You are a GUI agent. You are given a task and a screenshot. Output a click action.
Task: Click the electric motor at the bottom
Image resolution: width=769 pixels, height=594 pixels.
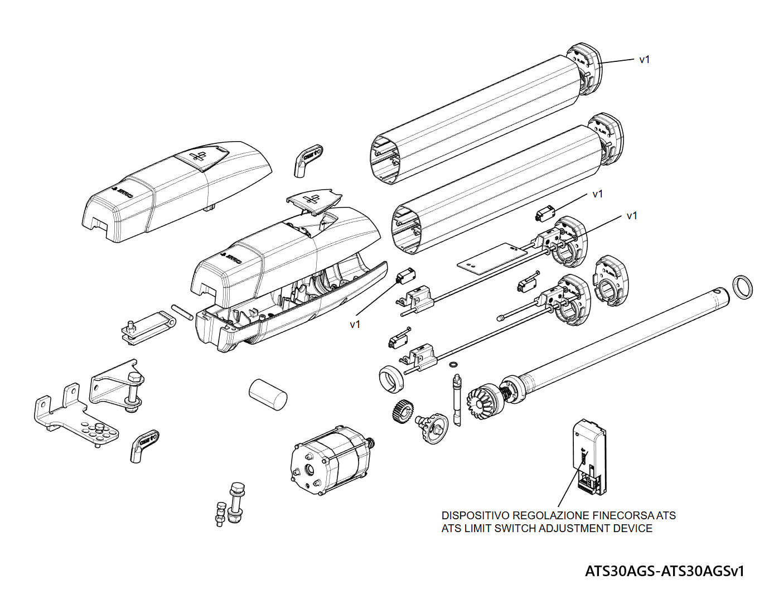[x=330, y=461]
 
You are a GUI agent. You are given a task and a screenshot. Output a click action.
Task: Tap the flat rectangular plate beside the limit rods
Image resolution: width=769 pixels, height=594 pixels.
[x=491, y=259]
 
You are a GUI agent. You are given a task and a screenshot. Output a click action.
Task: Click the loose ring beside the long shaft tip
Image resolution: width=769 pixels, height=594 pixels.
[x=741, y=287]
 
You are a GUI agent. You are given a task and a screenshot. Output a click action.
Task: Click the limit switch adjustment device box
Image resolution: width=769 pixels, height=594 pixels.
[x=589, y=457]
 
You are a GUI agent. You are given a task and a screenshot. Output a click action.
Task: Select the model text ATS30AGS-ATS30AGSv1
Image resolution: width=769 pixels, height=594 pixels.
[x=664, y=571]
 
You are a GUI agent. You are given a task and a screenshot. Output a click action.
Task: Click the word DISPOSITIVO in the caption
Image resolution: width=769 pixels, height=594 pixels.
[x=475, y=515]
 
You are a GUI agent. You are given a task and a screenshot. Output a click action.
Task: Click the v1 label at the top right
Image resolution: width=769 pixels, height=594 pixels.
[x=645, y=60]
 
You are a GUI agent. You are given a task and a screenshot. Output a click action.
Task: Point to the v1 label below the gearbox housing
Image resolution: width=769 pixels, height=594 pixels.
[x=355, y=325]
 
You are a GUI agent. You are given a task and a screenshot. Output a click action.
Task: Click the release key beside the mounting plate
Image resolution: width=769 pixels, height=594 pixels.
[x=144, y=445]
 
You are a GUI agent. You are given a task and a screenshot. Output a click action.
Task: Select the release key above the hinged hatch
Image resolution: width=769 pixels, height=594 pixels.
[x=307, y=160]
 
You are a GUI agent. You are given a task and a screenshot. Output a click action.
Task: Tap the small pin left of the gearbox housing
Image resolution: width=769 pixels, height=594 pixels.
[x=182, y=311]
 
